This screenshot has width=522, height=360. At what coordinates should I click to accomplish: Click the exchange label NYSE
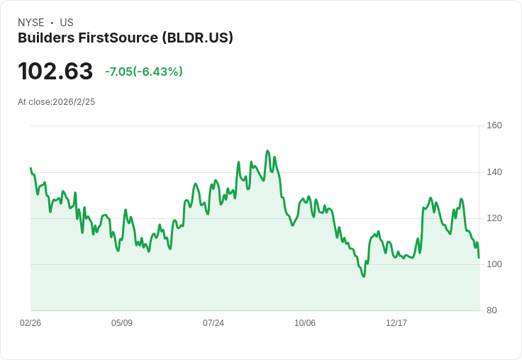pyautogui.click(x=30, y=23)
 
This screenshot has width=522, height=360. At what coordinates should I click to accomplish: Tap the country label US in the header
pyautogui.click(x=67, y=23)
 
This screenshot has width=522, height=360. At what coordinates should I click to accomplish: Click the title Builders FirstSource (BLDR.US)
pyautogui.click(x=126, y=38)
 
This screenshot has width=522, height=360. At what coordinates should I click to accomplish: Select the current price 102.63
pyautogui.click(x=55, y=71)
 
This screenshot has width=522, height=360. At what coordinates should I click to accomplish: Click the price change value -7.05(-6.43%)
pyautogui.click(x=144, y=72)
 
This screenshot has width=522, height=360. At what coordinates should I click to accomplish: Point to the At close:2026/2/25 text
pyautogui.click(x=57, y=101)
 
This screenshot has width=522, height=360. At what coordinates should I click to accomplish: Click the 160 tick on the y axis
pyautogui.click(x=494, y=125)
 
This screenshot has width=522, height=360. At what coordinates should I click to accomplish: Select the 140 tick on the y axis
pyautogui.click(x=494, y=171)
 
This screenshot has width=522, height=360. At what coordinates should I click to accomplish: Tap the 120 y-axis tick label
pyautogui.click(x=494, y=218)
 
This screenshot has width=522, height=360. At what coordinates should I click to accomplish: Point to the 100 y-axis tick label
pyautogui.click(x=494, y=264)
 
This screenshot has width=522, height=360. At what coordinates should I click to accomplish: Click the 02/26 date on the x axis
pyautogui.click(x=30, y=323)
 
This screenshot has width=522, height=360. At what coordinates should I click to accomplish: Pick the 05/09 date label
pyautogui.click(x=122, y=323)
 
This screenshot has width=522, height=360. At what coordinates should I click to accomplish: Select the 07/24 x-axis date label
pyautogui.click(x=213, y=323)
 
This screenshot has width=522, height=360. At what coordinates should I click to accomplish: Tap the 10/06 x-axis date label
pyautogui.click(x=305, y=323)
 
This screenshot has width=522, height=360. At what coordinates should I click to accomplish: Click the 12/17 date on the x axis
pyautogui.click(x=396, y=323)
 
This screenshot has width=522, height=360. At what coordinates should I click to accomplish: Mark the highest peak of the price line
pyautogui.click(x=267, y=151)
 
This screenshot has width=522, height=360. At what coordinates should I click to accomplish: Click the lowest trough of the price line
pyautogui.click(x=364, y=276)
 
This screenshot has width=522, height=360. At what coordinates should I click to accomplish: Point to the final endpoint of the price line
pyautogui.click(x=479, y=257)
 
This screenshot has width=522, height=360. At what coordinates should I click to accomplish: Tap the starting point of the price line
pyautogui.click(x=30, y=168)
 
